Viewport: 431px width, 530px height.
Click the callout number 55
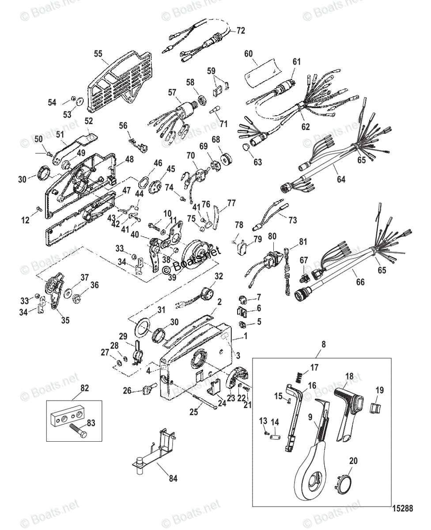[x=98, y=53]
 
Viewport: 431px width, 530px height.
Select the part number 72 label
[x=240, y=30]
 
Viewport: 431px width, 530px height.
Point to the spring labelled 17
[x=299, y=377]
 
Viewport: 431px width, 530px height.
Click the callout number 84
[x=173, y=478]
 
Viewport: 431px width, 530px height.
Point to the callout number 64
[x=341, y=179]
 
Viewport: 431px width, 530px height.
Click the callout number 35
[x=65, y=320]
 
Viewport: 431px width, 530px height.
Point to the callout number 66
[x=361, y=282]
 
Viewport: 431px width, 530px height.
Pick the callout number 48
[x=129, y=159]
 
